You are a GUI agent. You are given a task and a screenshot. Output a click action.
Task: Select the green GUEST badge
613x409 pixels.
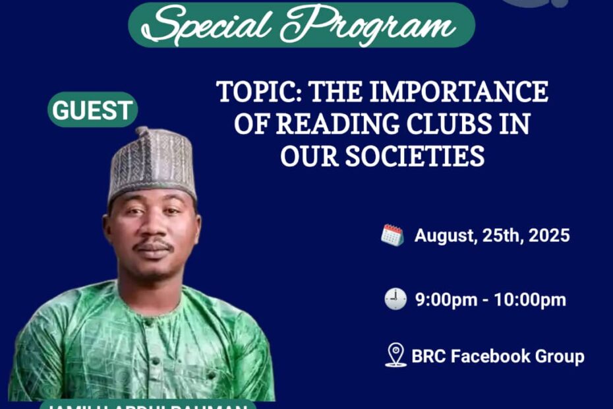93,110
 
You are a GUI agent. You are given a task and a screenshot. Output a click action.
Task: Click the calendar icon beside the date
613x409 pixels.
392,235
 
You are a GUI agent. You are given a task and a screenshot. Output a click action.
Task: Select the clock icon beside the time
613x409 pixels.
395,299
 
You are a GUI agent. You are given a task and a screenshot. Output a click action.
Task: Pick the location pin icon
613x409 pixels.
395,355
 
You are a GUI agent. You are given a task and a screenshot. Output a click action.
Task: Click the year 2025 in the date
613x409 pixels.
548,236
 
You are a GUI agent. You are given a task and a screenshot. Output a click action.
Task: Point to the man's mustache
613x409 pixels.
154,245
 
